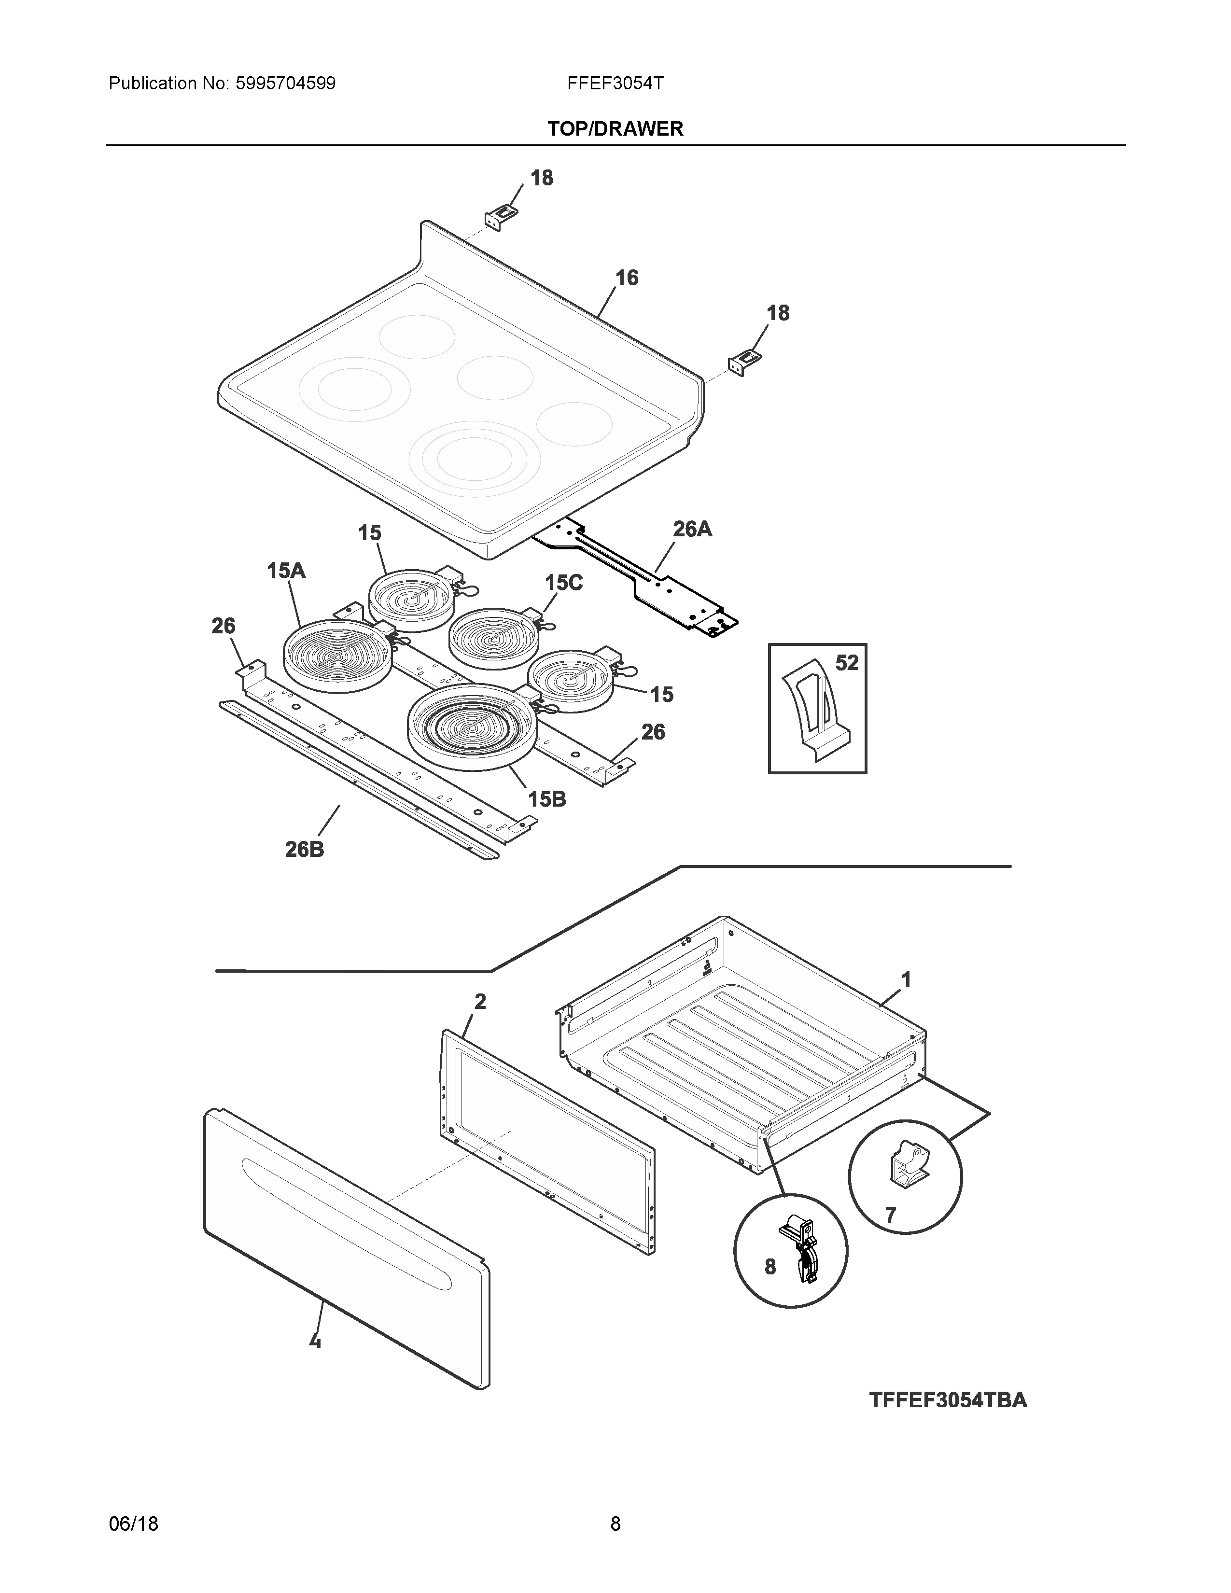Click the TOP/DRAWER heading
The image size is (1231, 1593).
coord(615,129)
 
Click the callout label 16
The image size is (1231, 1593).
coord(627,278)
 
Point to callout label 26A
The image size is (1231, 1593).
coord(691,529)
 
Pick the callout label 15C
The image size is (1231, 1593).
coord(564,583)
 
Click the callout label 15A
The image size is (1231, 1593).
coord(286,571)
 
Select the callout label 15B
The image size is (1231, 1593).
coord(547,799)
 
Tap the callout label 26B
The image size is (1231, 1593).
coord(305,849)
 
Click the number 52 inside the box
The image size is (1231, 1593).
coord(847,663)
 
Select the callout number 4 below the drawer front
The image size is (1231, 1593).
coord(315,1340)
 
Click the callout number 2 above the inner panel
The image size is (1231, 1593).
coord(480,1002)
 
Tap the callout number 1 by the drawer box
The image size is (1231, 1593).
coord(907,979)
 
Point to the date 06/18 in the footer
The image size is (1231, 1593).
coord(133,1523)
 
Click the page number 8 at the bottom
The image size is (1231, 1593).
coord(615,1523)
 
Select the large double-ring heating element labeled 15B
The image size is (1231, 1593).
coord(473,726)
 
